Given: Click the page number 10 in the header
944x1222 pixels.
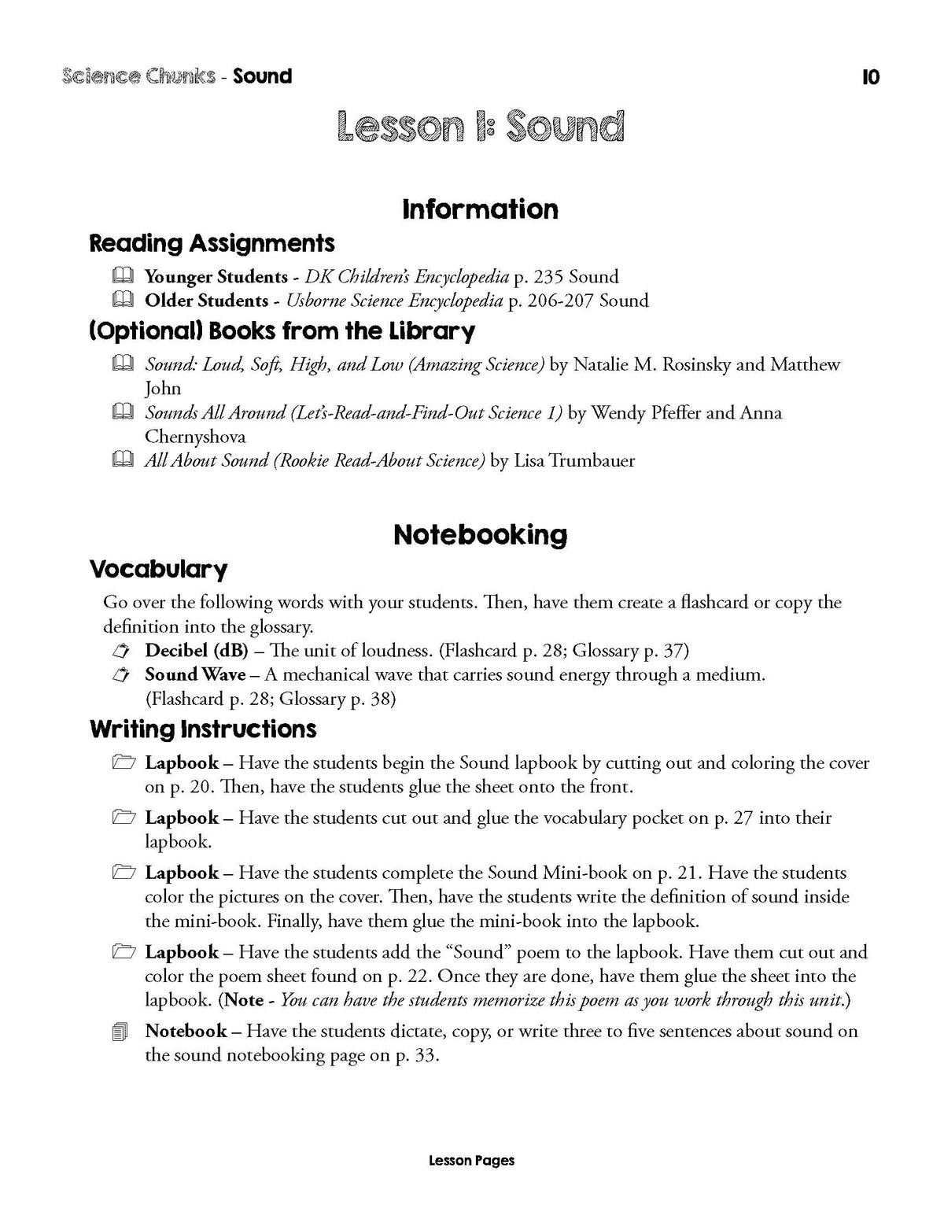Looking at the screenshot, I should (870, 77).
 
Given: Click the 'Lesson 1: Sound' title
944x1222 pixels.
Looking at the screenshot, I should (480, 127).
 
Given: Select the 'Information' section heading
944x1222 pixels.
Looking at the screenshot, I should (480, 209).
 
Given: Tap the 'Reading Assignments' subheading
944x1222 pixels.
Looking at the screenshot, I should (212, 243).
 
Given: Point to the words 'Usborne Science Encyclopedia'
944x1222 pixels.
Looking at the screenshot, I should (394, 301).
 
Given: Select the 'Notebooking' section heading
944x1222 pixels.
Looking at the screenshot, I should (480, 535).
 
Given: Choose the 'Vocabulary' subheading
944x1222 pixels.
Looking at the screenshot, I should (158, 569).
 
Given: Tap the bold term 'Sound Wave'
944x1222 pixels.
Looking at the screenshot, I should (195, 674).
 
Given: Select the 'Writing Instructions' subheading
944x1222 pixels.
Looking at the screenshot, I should (203, 729).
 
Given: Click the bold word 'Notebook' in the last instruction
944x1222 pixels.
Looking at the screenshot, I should (186, 1031).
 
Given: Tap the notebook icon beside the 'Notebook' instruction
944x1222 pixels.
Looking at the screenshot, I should (120, 1032).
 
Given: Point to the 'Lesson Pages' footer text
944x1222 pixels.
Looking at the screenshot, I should (472, 1160).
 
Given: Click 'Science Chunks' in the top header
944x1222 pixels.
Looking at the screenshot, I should (138, 76).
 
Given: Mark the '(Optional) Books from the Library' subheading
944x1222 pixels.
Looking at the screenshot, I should (282, 331).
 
